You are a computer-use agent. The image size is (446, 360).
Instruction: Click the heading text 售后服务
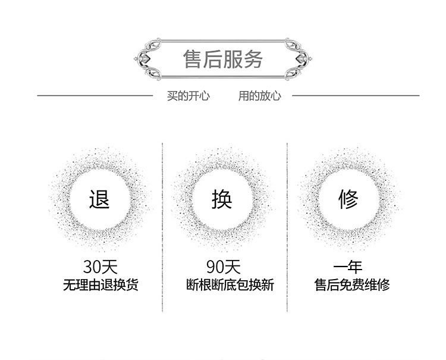pos(223,60)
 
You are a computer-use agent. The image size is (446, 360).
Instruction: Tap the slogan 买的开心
pos(188,95)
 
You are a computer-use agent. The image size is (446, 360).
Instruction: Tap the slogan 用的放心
pos(259,95)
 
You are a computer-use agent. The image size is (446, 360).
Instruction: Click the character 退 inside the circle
pos(99,199)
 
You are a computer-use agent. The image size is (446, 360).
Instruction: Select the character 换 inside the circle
pos(222,199)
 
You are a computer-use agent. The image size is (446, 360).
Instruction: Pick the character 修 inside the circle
pos(349,199)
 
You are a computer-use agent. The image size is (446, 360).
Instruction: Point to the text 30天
pos(100,266)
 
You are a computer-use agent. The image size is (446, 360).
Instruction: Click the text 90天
pos(223,266)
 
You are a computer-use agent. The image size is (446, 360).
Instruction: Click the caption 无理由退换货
pos(100,285)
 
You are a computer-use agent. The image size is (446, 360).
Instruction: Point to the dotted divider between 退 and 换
pos(162,226)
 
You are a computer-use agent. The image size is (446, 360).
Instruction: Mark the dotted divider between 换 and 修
pos(287,226)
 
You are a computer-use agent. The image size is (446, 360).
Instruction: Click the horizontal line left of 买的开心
pos(95,95)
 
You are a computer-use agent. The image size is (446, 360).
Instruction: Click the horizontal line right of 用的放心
pos(355,95)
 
